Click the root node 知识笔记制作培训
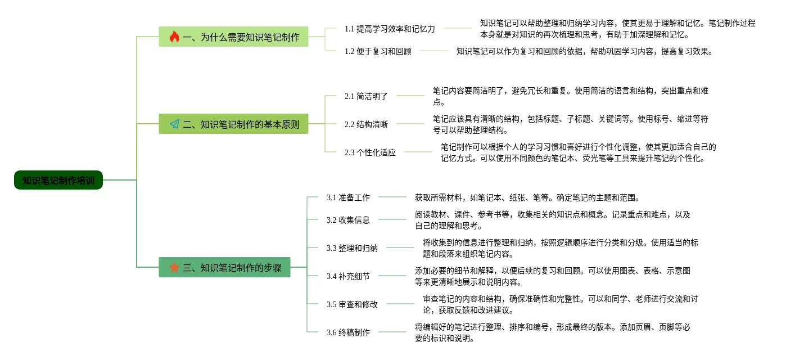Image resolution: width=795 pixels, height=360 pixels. pyautogui.click(x=58, y=180)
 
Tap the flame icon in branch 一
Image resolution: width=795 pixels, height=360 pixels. pyautogui.click(x=174, y=37)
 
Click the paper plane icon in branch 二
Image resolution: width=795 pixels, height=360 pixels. pyautogui.click(x=175, y=124)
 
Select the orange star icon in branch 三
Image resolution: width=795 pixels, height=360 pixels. pyautogui.click(x=174, y=267)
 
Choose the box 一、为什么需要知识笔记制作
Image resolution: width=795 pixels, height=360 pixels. pyautogui.click(x=233, y=37)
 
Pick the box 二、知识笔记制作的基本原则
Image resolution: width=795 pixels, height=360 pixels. pyautogui.click(x=233, y=124)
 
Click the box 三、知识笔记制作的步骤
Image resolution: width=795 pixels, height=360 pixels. pyautogui.click(x=225, y=267)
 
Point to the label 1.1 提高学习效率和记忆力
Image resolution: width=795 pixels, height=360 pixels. pyautogui.click(x=390, y=29)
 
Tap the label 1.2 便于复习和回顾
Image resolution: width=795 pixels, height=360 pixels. pyautogui.click(x=378, y=51)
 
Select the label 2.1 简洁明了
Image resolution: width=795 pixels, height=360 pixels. pyautogui.click(x=366, y=96)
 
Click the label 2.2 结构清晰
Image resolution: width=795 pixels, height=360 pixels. pyautogui.click(x=366, y=124)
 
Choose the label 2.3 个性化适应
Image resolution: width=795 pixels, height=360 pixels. pyautogui.click(x=370, y=152)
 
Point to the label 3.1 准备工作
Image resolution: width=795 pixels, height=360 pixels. pyautogui.click(x=348, y=197)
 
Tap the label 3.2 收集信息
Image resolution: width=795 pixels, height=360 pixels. pyautogui.click(x=348, y=220)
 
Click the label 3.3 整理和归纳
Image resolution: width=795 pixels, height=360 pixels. pyautogui.click(x=352, y=248)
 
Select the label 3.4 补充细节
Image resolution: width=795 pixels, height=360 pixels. pyautogui.click(x=348, y=276)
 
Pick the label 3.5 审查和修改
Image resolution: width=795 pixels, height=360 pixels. pyautogui.click(x=352, y=304)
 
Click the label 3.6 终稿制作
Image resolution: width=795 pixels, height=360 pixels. pyautogui.click(x=348, y=332)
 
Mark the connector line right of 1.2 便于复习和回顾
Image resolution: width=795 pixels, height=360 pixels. pyautogui.click(x=434, y=51)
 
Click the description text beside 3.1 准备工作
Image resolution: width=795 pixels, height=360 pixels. pyautogui.click(x=527, y=197)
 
